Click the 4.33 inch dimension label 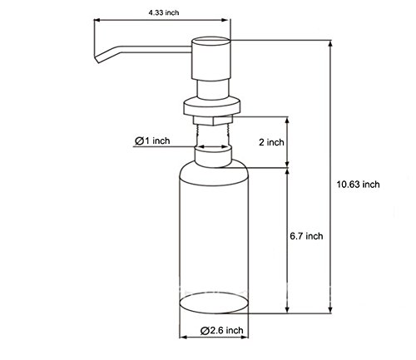click(164, 12)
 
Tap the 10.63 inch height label click(358, 185)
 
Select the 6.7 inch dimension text click(306, 236)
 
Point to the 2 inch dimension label click(271, 142)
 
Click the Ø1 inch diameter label click(152, 141)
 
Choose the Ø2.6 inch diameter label click(222, 330)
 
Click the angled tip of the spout click(97, 59)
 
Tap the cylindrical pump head click(211, 58)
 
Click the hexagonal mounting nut click(213, 121)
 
